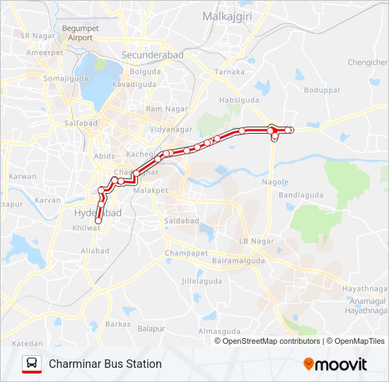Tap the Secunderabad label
[x=152, y=55]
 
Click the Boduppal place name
[x=322, y=91]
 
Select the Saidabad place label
[x=182, y=221]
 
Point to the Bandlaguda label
[x=301, y=195]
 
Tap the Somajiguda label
[x=64, y=79]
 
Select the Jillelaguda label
[x=202, y=281]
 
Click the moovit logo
[x=335, y=364]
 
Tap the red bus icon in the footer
[x=32, y=364]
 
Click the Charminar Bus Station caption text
[x=105, y=364]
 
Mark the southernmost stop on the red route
[x=98, y=221]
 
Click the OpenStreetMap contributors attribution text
[x=271, y=341]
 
